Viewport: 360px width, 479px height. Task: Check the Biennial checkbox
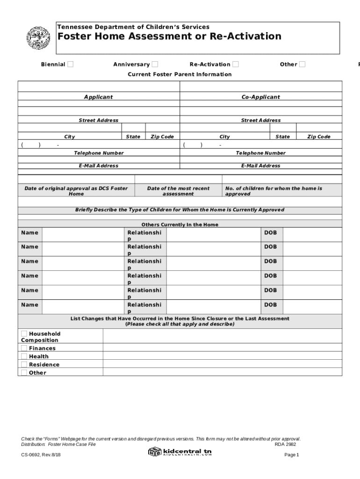pyautogui.click(x=70, y=64)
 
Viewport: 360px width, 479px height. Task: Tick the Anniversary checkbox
pyautogui.click(x=155, y=64)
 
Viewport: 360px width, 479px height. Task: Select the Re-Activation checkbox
pyautogui.click(x=236, y=64)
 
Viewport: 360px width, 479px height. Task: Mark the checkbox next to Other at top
pyautogui.click(x=302, y=64)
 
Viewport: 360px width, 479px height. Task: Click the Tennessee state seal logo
pyautogui.click(x=38, y=39)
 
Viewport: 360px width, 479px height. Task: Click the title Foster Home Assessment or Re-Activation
pyautogui.click(x=169, y=36)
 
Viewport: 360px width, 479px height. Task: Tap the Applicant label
pyautogui.click(x=98, y=97)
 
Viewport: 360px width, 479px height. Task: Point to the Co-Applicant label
pyautogui.click(x=260, y=97)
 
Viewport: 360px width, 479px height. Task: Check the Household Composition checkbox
pyautogui.click(x=24, y=334)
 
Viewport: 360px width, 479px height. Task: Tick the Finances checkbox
pyautogui.click(x=24, y=348)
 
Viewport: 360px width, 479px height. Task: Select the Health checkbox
pyautogui.click(x=24, y=356)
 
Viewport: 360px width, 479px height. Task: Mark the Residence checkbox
pyautogui.click(x=24, y=364)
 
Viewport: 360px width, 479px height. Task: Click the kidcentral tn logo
pyautogui.click(x=180, y=452)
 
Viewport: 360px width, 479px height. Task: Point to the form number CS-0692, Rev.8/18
pyautogui.click(x=41, y=455)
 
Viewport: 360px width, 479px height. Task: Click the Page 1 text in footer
pyautogui.click(x=291, y=455)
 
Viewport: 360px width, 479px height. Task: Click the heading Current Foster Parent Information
pyautogui.click(x=180, y=74)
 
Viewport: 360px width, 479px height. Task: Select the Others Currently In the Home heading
pyautogui.click(x=180, y=225)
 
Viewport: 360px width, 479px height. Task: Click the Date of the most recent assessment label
pyautogui.click(x=178, y=191)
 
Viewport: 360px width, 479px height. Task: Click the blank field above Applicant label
pyautogui.click(x=98, y=87)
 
